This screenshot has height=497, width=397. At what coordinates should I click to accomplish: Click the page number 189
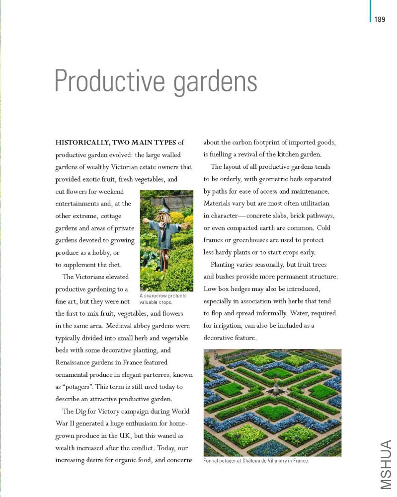(x=380, y=19)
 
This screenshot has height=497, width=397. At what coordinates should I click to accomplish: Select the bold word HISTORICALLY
(x=83, y=143)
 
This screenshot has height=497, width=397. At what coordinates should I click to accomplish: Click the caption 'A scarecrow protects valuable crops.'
(x=163, y=299)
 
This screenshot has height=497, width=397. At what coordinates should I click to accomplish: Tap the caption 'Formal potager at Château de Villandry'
(x=256, y=461)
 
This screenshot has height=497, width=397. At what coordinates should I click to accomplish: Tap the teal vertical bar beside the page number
(x=370, y=11)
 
